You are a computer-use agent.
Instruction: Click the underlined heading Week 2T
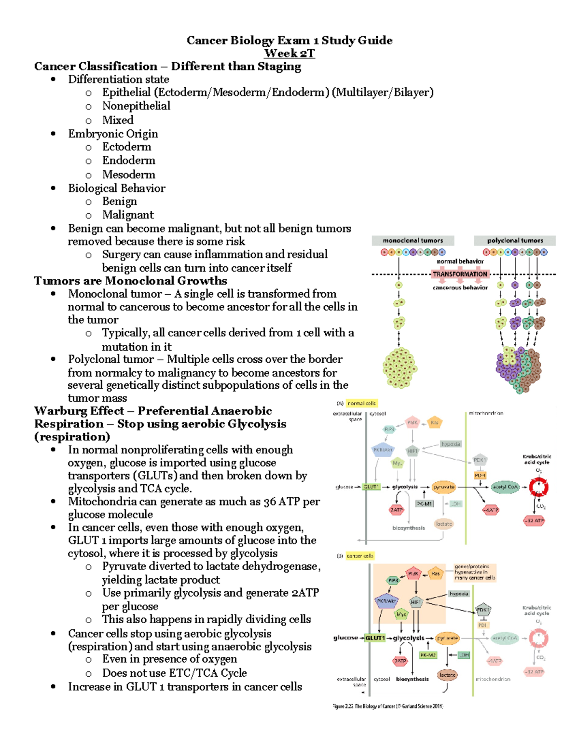289,54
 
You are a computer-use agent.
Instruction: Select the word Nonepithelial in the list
136,106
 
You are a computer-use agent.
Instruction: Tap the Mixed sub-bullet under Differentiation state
118,120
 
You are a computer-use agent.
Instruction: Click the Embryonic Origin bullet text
113,134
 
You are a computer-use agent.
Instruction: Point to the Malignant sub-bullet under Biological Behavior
128,215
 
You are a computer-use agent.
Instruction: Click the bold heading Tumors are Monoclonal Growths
130,281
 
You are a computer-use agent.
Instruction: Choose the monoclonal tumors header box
413,240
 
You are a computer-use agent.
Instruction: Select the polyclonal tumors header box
515,240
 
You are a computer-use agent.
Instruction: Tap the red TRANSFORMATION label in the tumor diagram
460,274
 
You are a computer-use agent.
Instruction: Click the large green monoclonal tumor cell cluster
400,368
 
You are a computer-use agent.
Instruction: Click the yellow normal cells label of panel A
361,403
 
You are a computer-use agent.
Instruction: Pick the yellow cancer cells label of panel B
360,556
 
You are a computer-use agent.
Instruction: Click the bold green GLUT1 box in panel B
375,638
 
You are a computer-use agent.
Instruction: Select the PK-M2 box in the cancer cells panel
427,655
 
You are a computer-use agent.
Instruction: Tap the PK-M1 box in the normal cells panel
425,504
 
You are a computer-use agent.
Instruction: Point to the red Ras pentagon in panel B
435,573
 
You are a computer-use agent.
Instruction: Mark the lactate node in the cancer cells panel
447,675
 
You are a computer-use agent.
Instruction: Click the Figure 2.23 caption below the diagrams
387,706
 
